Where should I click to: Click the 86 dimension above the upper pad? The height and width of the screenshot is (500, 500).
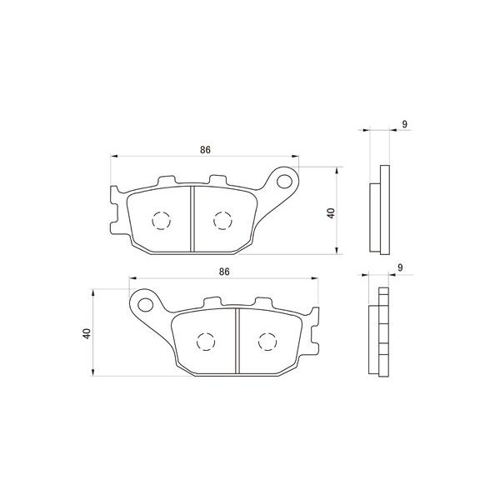tap(205, 149)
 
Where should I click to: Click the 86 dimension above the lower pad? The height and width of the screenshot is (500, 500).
tap(224, 272)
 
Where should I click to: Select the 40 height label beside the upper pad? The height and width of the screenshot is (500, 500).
tap(332, 213)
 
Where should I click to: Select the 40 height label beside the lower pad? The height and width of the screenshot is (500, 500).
tap(87, 333)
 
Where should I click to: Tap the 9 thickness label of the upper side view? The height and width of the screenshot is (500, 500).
tap(405, 124)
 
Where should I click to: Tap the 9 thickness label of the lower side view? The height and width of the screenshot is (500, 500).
tap(400, 267)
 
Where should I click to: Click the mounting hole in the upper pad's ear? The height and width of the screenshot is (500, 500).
tap(284, 182)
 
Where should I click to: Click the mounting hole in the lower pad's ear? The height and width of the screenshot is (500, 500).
tap(145, 305)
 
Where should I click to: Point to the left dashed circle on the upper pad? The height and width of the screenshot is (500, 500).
tap(162, 220)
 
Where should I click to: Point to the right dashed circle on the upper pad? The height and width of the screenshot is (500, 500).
tap(222, 220)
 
